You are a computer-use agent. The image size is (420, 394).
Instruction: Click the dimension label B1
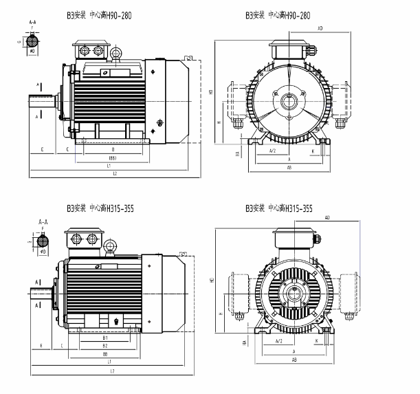[x=105, y=338]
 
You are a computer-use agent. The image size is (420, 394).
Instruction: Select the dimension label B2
[x=105, y=346]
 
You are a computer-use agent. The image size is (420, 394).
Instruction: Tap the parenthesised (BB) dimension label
[x=112, y=158]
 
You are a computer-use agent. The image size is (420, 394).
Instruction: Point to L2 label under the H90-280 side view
[x=115, y=174]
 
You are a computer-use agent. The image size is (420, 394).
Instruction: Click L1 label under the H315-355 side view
[x=109, y=362]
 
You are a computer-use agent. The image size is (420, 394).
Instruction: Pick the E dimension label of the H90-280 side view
[x=42, y=149]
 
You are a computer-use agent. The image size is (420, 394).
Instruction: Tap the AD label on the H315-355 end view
[x=327, y=217]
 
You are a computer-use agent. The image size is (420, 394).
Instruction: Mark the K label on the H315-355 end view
[x=317, y=340]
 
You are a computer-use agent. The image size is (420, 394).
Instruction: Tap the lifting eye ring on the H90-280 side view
[x=116, y=53]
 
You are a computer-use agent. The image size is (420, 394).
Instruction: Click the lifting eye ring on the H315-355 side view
[x=109, y=243]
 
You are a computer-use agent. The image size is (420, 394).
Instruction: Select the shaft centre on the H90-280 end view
[x=289, y=101]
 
